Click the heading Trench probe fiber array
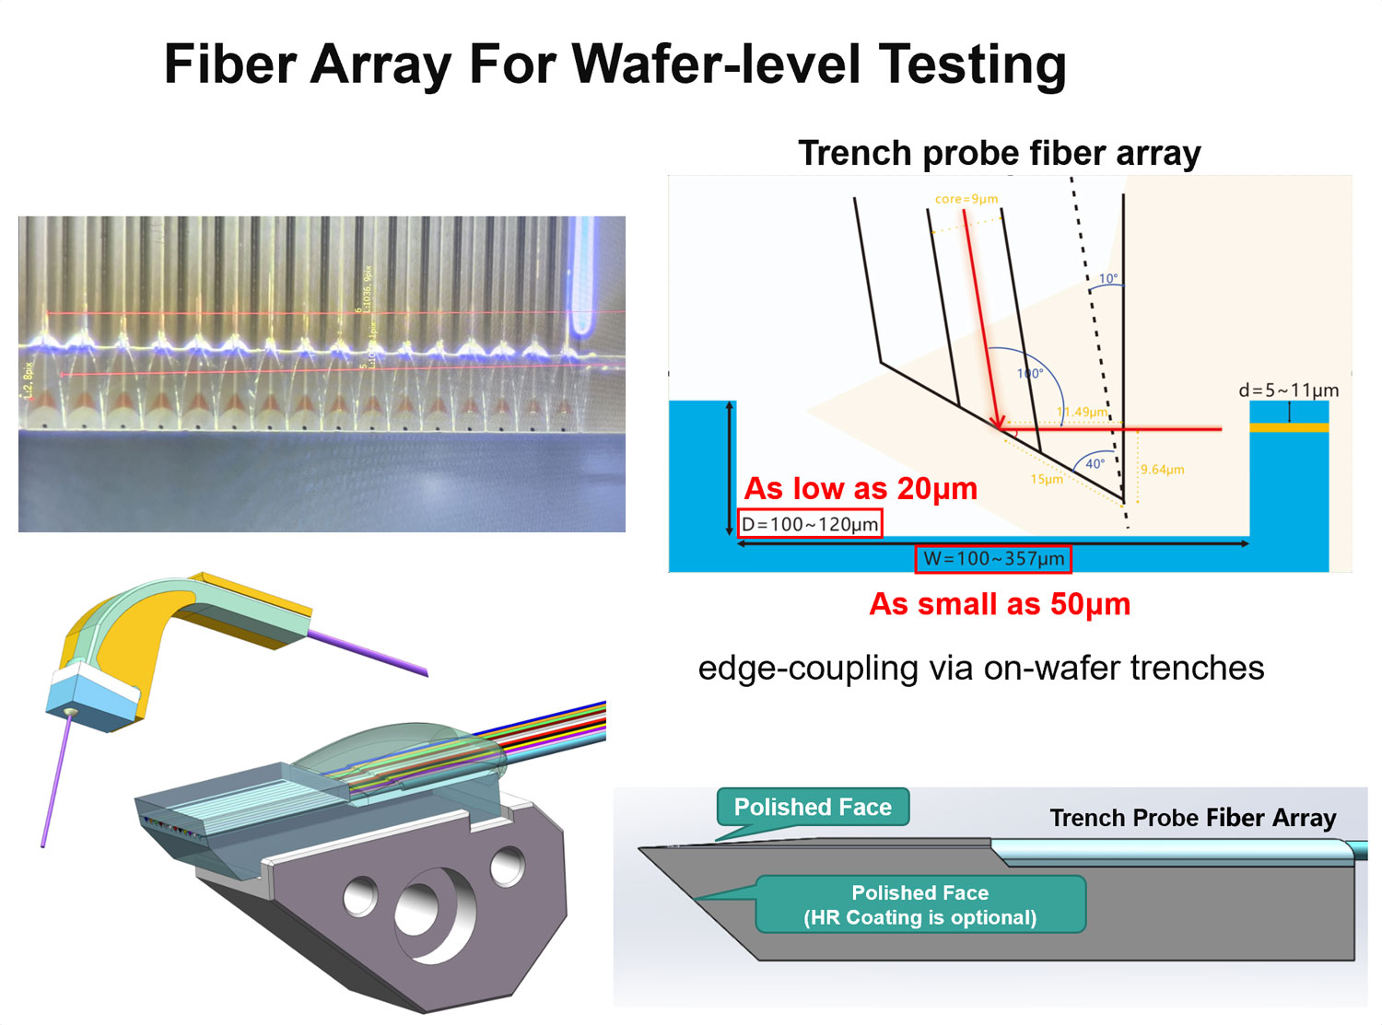point(999,153)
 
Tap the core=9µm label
point(966,199)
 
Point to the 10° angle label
point(1107,278)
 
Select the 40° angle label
point(1094,463)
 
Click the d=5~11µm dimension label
point(1288,390)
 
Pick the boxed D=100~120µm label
point(810,525)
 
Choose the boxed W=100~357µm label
point(993,559)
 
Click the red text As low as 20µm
point(861,488)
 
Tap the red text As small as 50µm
point(1000,604)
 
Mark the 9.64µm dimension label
point(1162,470)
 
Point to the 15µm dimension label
point(1046,479)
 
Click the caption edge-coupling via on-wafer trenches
point(980,668)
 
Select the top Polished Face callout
point(813,808)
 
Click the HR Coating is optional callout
point(919,904)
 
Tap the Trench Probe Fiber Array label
point(1192,818)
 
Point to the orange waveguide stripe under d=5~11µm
point(1289,427)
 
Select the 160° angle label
point(1029,374)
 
